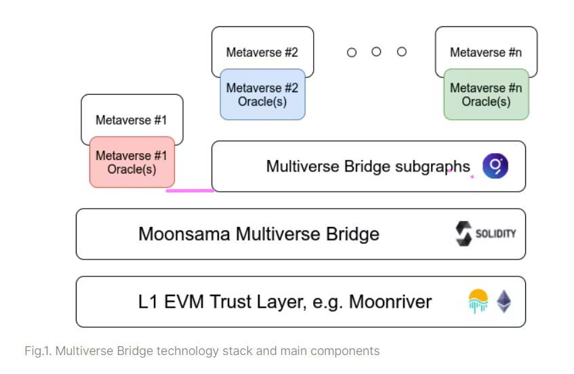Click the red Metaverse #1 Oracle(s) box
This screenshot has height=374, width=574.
(x=131, y=163)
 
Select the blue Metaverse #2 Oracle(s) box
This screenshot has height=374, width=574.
(x=262, y=95)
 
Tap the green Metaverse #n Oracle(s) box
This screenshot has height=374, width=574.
(x=486, y=95)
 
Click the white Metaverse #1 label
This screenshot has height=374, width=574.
(x=131, y=120)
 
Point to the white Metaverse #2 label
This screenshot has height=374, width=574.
(x=262, y=52)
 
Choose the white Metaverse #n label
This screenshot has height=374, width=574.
(x=485, y=52)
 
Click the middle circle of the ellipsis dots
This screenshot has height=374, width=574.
(x=376, y=52)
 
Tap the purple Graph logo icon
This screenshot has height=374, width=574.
(x=495, y=166)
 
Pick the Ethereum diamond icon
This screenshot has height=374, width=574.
(x=504, y=301)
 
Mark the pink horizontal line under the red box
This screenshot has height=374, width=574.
(x=190, y=190)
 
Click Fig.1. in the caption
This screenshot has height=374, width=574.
(x=38, y=351)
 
